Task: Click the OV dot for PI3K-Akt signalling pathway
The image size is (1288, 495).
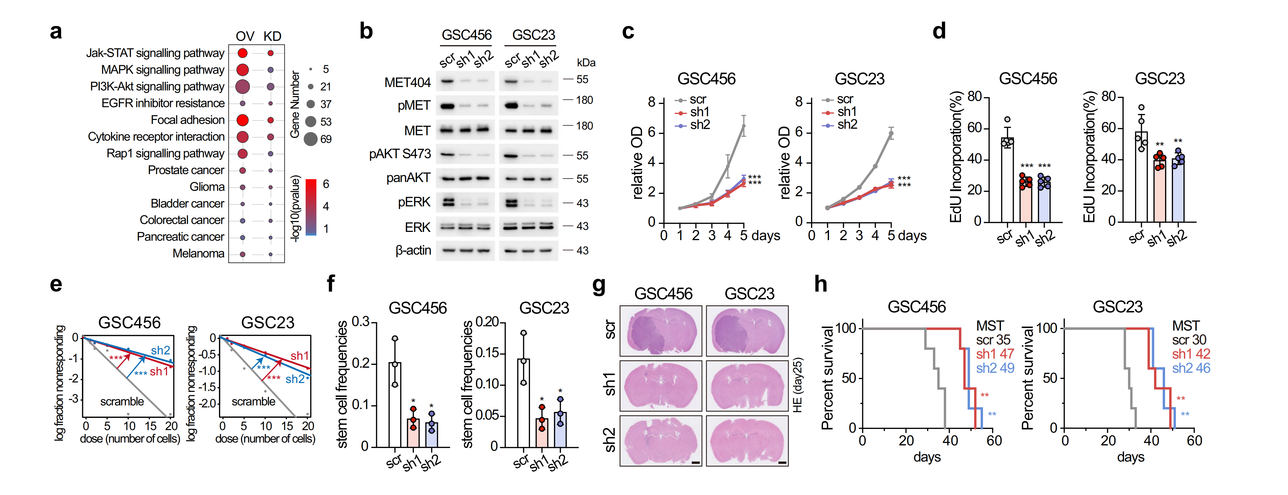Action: coord(242,86)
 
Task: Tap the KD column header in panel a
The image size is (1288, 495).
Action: coord(272,37)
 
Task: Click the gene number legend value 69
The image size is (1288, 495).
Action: coord(326,139)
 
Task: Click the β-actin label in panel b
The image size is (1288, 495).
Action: coord(413,250)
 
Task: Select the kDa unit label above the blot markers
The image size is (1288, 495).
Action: coord(586,63)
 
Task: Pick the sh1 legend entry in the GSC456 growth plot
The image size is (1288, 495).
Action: coord(699,112)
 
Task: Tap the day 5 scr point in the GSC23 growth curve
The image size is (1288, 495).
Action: coord(891,134)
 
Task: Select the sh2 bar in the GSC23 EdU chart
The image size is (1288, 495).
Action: coord(1178,190)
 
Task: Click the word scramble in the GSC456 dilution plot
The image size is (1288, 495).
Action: coord(122,401)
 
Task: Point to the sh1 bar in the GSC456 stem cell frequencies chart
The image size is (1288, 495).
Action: coord(413,432)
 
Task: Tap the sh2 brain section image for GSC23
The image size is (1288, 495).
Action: coord(747,441)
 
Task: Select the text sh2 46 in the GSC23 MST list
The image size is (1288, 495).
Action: coord(1191,368)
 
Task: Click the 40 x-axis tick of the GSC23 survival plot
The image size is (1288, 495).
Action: coord(1151,441)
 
